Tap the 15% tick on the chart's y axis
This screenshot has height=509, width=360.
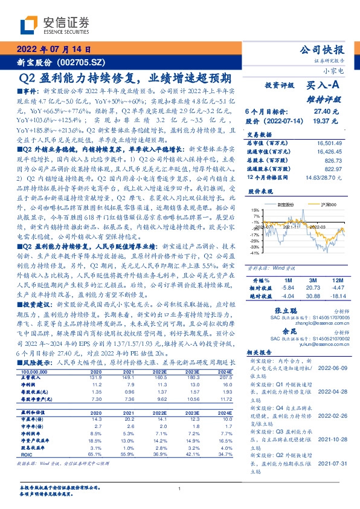[x=256, y=210]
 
